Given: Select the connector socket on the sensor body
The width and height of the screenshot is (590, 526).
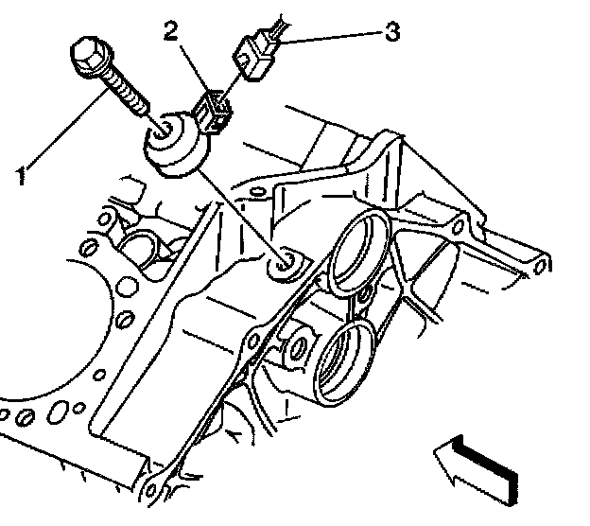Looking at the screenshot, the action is [x=214, y=109].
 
